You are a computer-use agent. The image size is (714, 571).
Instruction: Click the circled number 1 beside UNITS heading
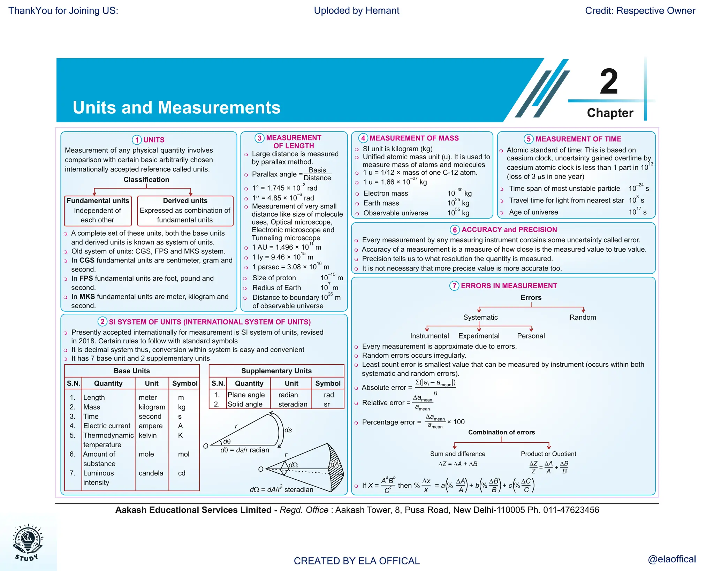(137, 140)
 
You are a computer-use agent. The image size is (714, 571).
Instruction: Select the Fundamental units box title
(98, 201)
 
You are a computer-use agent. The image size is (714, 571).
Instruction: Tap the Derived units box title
(185, 201)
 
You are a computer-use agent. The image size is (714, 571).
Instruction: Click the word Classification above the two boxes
(146, 180)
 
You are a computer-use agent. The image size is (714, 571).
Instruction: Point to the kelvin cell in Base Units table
(148, 435)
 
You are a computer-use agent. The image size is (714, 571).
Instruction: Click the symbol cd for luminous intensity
(182, 473)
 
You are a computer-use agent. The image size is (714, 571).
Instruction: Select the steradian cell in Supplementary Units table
(293, 404)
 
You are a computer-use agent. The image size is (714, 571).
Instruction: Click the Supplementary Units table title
(276, 371)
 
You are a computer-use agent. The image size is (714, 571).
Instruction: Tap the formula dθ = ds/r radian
(245, 450)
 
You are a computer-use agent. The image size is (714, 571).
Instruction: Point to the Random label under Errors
(583, 317)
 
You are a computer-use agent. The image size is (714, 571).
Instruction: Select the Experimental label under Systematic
(479, 336)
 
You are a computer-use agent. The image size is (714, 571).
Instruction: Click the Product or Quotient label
(548, 454)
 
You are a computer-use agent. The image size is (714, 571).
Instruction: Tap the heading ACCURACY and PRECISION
(509, 230)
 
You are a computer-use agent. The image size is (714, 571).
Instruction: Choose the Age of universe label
(533, 212)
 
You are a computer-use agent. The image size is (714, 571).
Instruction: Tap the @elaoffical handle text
(671, 559)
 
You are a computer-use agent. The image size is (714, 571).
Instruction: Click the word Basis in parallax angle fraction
(317, 170)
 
